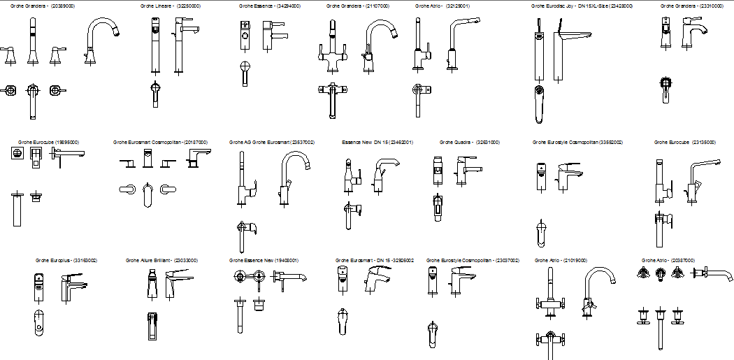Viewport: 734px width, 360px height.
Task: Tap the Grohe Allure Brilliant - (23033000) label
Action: click(x=161, y=260)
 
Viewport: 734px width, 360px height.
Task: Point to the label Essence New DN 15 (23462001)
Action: click(x=377, y=142)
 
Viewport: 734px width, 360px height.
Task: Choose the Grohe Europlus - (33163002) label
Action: click(x=66, y=260)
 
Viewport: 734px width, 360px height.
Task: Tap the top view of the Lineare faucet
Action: click(x=156, y=94)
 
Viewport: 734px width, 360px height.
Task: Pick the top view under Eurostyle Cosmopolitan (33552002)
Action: click(x=541, y=233)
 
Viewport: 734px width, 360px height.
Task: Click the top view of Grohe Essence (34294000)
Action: click(x=244, y=73)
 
